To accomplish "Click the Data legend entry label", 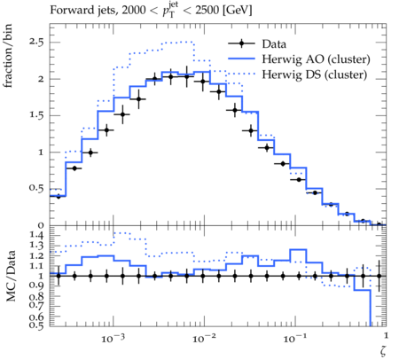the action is coord(274,44).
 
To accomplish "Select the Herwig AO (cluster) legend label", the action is coord(316,59).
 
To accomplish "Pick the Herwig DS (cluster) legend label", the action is coord(314,74).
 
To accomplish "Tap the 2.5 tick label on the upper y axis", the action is coord(36,42).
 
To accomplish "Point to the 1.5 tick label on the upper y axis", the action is coord(36,115).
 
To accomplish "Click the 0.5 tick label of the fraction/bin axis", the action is coord(36,188).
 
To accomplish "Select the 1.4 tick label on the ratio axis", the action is coord(36,236).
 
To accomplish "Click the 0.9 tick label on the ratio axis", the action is coord(36,286).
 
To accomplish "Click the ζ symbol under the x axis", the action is coord(383,351).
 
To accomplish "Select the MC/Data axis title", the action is coord(11,276).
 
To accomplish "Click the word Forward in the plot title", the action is coord(69,10).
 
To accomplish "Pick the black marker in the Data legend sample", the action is coord(241,43).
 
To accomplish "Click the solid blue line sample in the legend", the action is coord(241,59).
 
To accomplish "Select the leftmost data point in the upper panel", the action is coord(59,196).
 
